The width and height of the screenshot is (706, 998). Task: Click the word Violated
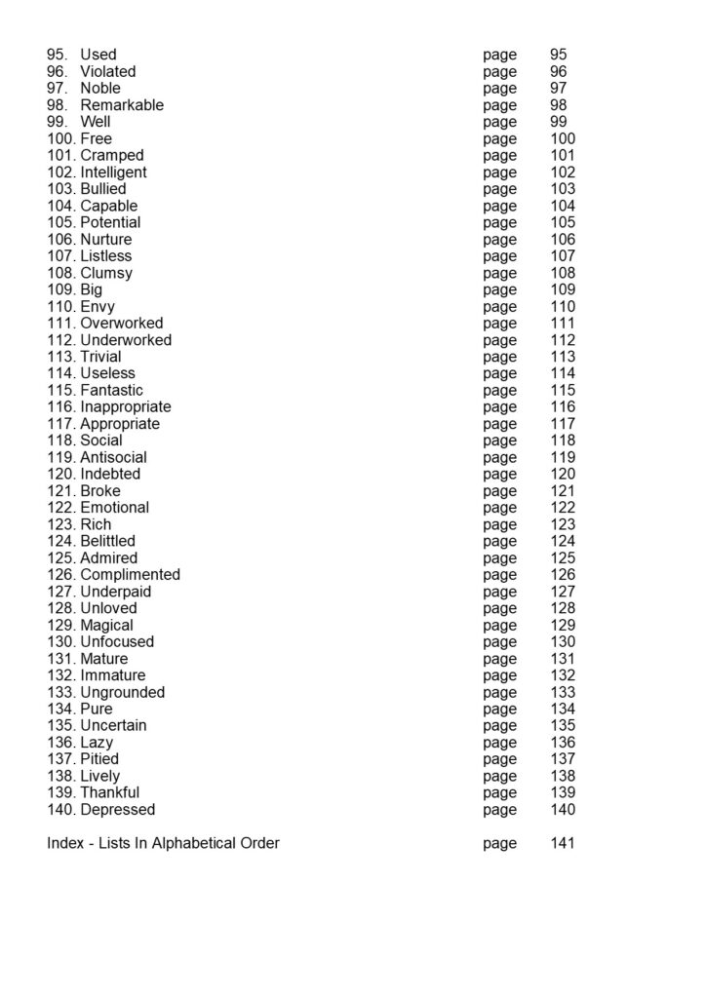(x=107, y=71)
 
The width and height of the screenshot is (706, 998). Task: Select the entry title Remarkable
(x=122, y=105)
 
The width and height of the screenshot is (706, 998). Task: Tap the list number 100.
(x=60, y=138)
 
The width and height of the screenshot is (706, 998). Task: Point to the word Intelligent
(x=113, y=173)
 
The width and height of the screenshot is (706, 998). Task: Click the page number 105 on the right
(x=563, y=222)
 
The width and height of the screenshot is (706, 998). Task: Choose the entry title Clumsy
(x=106, y=273)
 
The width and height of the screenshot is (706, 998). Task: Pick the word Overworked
(x=122, y=324)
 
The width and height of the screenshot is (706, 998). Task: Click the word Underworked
(x=126, y=340)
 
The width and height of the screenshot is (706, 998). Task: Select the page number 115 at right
(x=563, y=390)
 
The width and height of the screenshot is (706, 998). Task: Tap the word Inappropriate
(x=126, y=406)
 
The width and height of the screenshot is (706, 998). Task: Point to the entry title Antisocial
(x=113, y=457)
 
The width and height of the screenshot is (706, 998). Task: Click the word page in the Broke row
(x=499, y=491)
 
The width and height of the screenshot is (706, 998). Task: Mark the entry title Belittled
(x=107, y=541)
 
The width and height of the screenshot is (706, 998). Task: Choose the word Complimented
(x=130, y=575)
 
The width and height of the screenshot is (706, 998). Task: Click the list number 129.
(x=60, y=625)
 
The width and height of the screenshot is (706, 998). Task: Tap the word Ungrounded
(x=123, y=692)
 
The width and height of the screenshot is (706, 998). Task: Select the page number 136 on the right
(x=563, y=743)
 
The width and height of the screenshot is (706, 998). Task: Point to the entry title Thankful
(x=109, y=792)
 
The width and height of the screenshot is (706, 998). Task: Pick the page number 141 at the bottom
(x=563, y=843)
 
